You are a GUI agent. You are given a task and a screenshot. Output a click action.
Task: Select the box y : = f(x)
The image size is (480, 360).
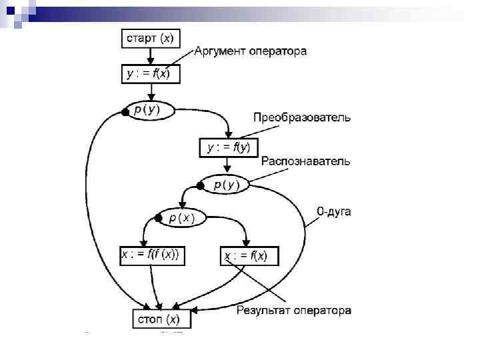point(148,73)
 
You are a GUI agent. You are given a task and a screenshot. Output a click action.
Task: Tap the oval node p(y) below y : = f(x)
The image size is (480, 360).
point(148,110)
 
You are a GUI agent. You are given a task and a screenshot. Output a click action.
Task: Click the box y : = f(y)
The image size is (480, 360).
point(229,147)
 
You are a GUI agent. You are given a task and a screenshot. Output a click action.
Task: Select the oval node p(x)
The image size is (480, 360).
point(181,217)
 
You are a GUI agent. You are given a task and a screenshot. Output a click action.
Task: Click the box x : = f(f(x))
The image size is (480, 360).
point(153,255)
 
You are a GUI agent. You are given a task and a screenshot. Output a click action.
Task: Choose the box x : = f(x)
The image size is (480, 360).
point(249,256)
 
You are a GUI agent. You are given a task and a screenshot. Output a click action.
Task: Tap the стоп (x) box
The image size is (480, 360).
point(160,319)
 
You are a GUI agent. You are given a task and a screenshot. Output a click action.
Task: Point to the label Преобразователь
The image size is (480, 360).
point(301,118)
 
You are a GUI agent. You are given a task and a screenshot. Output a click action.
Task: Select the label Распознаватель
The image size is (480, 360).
point(305,161)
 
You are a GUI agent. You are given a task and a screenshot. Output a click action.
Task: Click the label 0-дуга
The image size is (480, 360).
point(333,211)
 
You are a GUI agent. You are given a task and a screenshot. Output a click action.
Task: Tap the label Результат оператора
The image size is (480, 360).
point(294,311)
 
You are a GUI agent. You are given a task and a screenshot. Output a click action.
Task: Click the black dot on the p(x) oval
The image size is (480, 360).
point(159,217)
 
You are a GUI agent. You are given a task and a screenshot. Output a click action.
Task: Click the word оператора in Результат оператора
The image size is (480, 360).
point(323,311)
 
